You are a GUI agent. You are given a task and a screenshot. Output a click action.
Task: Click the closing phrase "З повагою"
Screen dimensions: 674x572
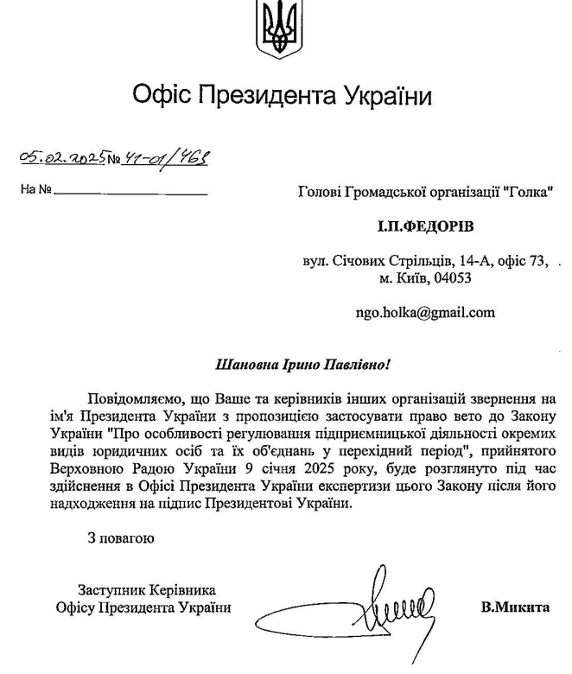tap(121, 540)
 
